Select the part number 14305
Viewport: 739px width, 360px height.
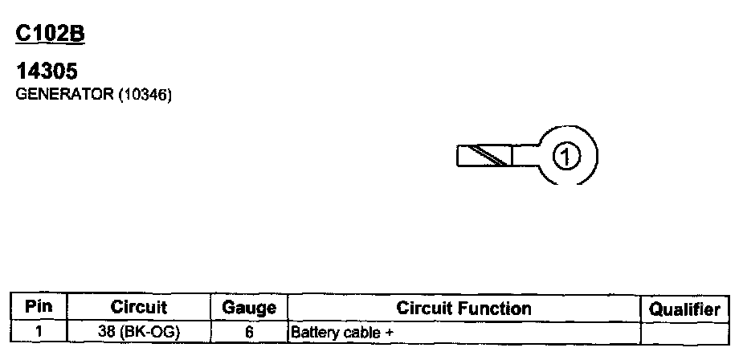47,72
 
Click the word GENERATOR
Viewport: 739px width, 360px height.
65,95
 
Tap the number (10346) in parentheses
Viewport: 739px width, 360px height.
145,95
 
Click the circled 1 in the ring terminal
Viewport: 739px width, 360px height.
567,156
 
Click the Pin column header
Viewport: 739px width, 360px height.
39,308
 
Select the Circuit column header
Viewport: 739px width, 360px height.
138,308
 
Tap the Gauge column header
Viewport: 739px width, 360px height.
249,309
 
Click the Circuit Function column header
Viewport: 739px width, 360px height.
463,309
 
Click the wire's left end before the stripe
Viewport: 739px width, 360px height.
464,156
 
